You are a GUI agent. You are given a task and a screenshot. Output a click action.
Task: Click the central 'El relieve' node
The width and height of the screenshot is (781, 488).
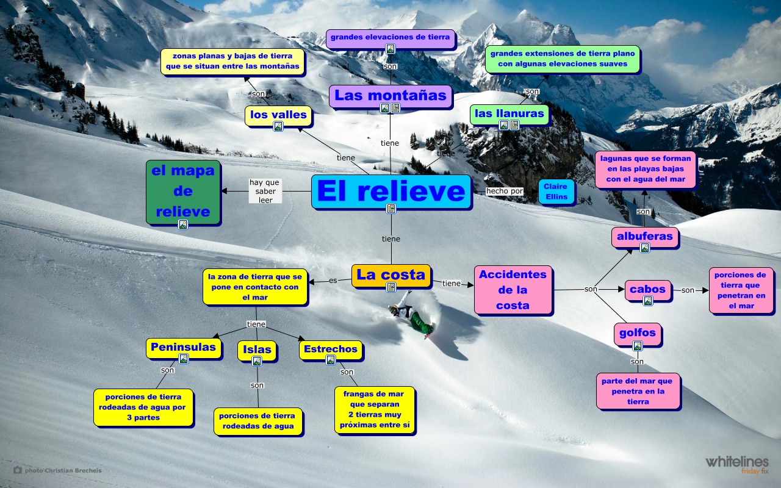pos(390,191)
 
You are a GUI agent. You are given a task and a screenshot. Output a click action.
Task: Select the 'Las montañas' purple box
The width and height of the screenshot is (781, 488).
pos(390,95)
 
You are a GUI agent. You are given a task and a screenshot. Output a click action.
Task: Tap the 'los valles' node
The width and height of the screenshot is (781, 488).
pos(278,115)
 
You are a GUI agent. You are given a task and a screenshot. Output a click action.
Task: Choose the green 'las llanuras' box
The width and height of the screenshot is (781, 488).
pos(509,113)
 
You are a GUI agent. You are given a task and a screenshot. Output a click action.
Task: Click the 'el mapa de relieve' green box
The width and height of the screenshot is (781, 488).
pos(183,191)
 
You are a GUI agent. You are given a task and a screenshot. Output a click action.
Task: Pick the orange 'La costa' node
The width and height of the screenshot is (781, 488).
pos(390,274)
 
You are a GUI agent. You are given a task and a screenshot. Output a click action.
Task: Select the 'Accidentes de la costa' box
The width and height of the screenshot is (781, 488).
pos(513,290)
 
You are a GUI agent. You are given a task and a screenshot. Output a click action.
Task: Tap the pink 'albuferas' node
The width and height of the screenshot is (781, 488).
pos(644,236)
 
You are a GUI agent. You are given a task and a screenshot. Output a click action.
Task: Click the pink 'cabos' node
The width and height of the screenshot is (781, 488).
pos(647,289)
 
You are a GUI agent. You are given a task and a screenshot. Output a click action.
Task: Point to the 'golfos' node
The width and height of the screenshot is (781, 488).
pos(637,333)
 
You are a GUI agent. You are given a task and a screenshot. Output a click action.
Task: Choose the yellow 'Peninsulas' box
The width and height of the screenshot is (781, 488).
pos(183,347)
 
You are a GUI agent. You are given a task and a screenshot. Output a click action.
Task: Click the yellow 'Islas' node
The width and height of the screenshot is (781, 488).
pos(257,350)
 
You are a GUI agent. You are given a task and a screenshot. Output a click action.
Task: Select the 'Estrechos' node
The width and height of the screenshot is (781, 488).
pos(330,349)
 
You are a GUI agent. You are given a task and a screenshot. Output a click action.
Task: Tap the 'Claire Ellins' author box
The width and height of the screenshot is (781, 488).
pos(555,192)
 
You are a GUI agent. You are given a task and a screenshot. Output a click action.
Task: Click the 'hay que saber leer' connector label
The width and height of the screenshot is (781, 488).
pos(265,191)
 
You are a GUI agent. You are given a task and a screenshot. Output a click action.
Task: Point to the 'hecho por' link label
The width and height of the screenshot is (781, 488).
pos(505,191)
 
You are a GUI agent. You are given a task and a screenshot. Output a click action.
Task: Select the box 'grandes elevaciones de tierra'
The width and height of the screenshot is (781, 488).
pos(390,37)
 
